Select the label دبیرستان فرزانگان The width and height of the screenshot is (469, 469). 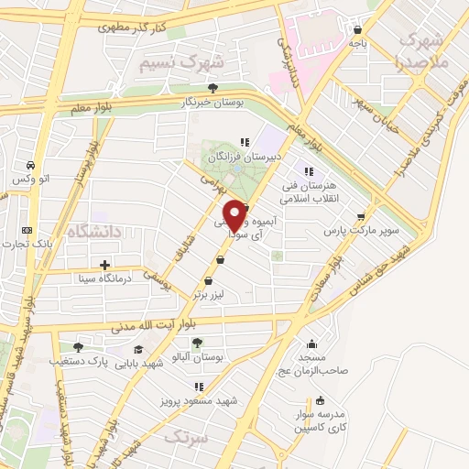(241, 158)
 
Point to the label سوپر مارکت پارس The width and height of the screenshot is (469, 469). (366, 231)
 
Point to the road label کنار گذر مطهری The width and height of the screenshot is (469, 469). (134, 28)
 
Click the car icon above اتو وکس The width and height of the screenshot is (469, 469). (32, 166)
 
